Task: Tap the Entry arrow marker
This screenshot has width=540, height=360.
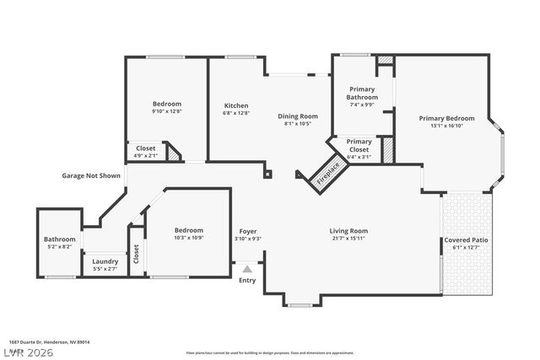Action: point(246,270)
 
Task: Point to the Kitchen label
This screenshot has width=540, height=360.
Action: point(236,105)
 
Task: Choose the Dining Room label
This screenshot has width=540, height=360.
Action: point(298,116)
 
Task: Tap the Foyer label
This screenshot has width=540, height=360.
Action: point(248,231)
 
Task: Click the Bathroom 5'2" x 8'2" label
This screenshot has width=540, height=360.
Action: point(60,239)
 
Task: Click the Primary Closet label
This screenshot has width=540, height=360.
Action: point(359,142)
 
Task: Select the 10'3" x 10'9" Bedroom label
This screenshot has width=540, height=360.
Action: point(189,230)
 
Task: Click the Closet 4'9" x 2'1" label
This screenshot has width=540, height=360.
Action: point(145,148)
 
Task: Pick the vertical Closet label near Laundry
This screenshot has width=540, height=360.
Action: point(136,254)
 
